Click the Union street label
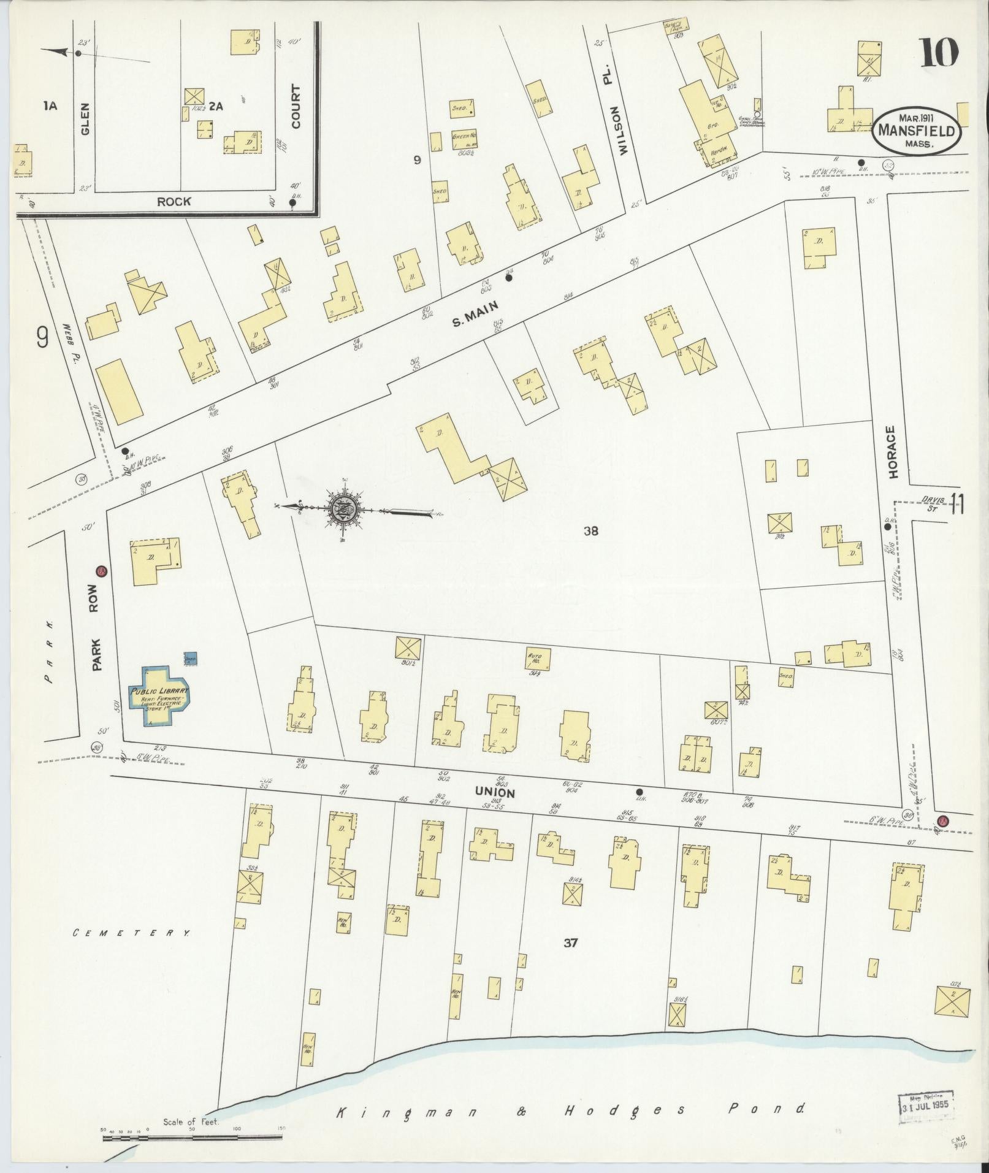(494, 792)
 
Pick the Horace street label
(892, 453)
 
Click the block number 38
(590, 531)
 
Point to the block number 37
(570, 960)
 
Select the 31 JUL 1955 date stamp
(926, 1104)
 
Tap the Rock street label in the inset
(174, 201)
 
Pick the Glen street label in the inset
(85, 114)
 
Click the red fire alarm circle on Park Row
(101, 571)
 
